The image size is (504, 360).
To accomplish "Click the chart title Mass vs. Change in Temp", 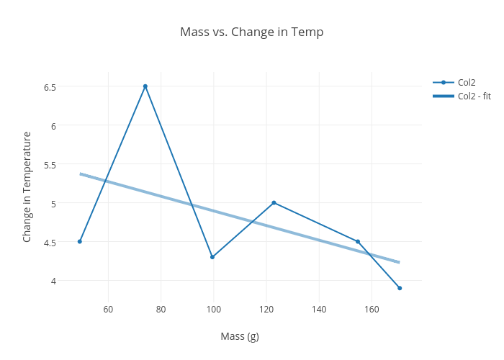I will (x=251, y=32).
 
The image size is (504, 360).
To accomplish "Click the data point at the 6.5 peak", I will (x=145, y=86).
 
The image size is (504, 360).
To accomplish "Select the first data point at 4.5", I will (x=80, y=241).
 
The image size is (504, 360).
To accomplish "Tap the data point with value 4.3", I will (x=212, y=257).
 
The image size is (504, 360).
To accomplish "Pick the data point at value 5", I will (x=274, y=202).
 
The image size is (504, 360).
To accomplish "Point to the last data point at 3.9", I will (x=400, y=288).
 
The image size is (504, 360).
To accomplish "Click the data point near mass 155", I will (x=358, y=241).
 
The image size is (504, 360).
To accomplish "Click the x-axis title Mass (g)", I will (x=240, y=336).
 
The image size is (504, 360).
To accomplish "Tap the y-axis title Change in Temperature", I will (x=27, y=186).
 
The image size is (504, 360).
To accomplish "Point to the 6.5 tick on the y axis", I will (x=50, y=87).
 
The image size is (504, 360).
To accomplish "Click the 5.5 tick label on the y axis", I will (x=50, y=164).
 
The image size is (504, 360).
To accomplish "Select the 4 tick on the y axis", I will (x=53, y=281).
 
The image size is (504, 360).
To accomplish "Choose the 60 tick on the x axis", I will (x=108, y=310).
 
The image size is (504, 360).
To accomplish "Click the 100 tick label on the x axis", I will (x=214, y=310).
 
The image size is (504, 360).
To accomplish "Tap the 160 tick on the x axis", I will (x=372, y=310).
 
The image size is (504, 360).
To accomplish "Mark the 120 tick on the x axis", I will (x=266, y=310).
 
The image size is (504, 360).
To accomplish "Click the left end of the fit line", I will (x=81, y=174).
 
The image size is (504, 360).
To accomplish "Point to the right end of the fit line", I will (x=399, y=262).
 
